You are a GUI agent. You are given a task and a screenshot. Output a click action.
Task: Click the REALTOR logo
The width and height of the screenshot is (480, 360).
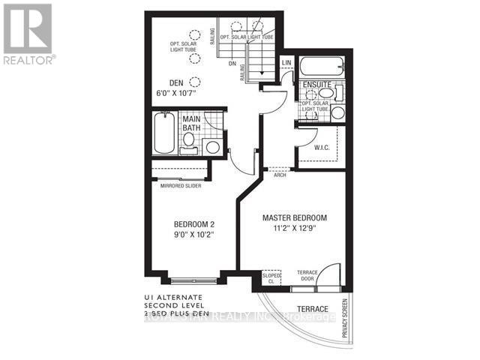28,34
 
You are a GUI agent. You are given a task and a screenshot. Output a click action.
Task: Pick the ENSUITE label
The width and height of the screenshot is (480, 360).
317,85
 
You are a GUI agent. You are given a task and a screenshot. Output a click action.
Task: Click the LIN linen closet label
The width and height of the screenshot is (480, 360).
286,64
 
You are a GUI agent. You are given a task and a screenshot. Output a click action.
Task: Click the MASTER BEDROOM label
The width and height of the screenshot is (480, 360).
294,217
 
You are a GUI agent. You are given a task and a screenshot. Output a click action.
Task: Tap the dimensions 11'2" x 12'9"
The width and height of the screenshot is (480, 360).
294,229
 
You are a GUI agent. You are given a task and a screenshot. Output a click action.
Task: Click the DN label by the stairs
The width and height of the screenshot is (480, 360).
232,64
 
